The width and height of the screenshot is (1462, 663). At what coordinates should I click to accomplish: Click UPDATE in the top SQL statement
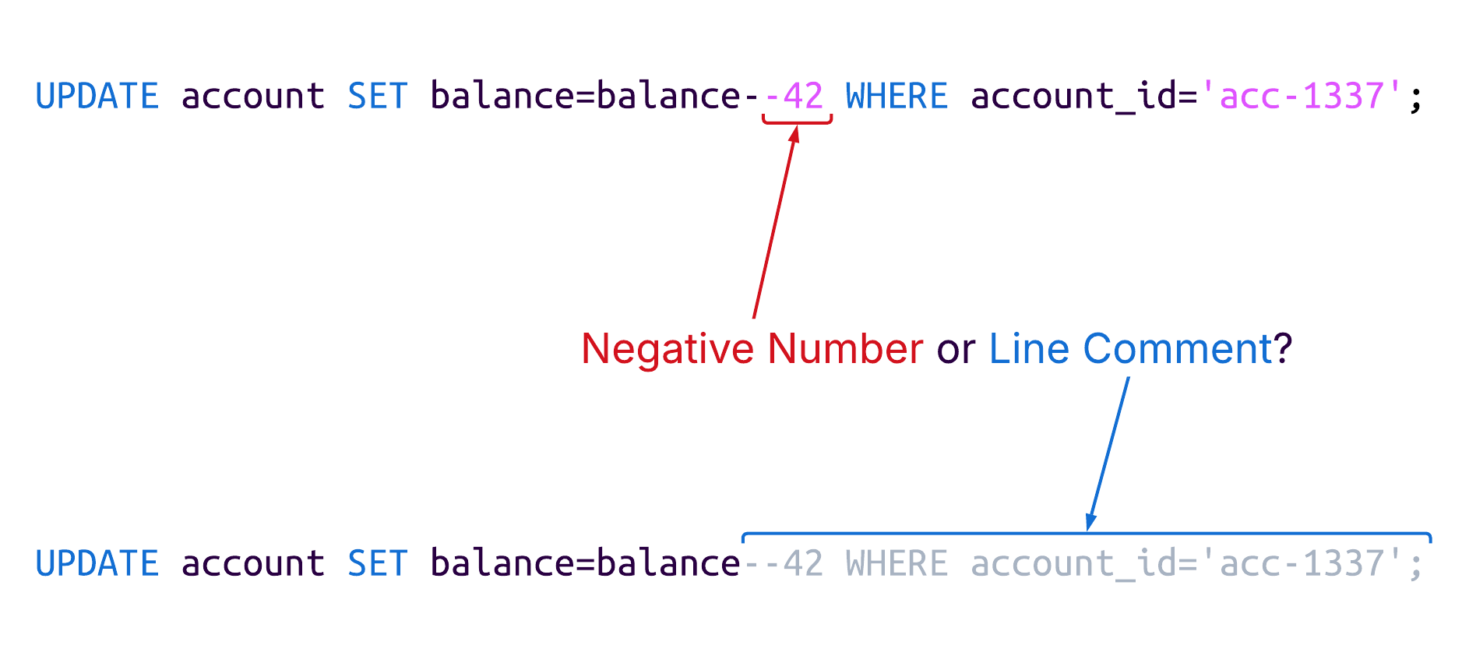point(97,97)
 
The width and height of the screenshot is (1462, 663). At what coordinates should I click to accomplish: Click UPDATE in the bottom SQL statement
point(97,563)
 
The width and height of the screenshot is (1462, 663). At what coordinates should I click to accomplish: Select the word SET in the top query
point(377,97)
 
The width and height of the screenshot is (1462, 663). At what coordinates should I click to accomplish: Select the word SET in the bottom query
point(377,563)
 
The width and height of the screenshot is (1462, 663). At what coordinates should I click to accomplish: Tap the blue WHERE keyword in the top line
point(897,97)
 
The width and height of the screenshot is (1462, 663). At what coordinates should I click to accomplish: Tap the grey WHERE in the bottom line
point(897,563)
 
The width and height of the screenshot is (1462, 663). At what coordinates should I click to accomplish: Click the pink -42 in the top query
point(794,97)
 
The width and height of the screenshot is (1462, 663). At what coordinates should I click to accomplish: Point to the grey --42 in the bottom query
point(784,563)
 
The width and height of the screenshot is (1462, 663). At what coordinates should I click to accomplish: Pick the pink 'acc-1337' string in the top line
point(1300,97)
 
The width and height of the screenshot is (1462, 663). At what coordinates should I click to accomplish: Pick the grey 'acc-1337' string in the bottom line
point(1300,563)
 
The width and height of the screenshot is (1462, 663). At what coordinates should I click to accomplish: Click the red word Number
point(845,349)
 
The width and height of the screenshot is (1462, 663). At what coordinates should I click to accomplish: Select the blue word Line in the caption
point(1029,349)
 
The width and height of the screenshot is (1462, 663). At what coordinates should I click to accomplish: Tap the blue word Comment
point(1177,349)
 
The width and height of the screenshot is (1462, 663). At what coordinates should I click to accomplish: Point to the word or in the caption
point(956,351)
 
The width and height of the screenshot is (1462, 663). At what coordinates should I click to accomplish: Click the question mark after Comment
point(1284,349)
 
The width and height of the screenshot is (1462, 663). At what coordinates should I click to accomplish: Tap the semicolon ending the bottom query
point(1416,566)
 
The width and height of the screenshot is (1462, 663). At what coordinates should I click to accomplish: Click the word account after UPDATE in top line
point(253,97)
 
